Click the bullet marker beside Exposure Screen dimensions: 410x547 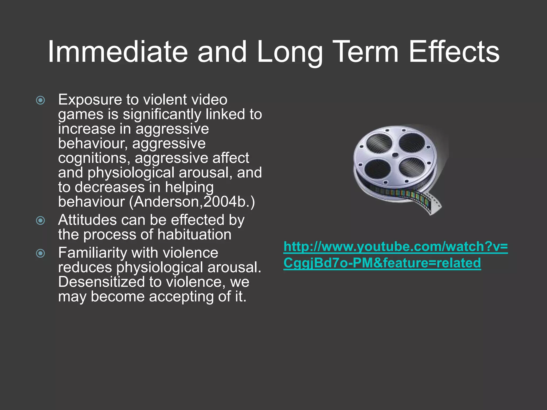[x=40, y=100]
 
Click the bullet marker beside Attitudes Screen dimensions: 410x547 [x=40, y=220]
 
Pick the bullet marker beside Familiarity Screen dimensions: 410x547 [x=40, y=253]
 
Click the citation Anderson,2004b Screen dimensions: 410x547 [x=192, y=202]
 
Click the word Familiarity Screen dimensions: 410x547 [x=92, y=253]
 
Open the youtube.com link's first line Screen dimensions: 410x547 [x=396, y=247]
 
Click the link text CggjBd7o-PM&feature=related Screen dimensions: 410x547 [x=382, y=263]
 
